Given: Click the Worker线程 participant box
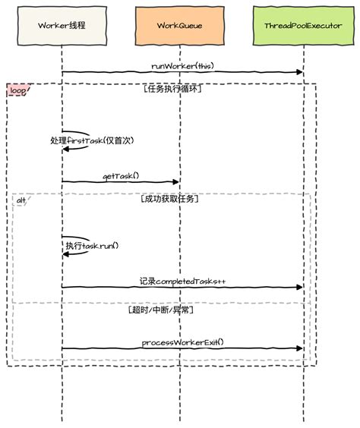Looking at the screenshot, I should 62,25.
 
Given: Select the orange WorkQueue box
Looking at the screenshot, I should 180,25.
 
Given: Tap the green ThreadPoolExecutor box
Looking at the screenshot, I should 303,25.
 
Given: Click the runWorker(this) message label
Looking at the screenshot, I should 182,66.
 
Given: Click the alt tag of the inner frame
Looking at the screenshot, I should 21,200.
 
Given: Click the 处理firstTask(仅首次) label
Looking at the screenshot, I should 91,140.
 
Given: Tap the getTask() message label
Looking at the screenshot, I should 122,176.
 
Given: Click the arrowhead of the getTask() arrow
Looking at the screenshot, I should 176,182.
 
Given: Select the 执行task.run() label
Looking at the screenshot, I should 92,246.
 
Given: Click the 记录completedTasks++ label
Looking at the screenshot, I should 182,281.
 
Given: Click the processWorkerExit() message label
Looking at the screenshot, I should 183,342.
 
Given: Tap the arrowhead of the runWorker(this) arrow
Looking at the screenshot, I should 299,72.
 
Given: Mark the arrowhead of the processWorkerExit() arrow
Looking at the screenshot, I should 299,349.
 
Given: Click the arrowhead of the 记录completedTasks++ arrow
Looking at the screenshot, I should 299,288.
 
